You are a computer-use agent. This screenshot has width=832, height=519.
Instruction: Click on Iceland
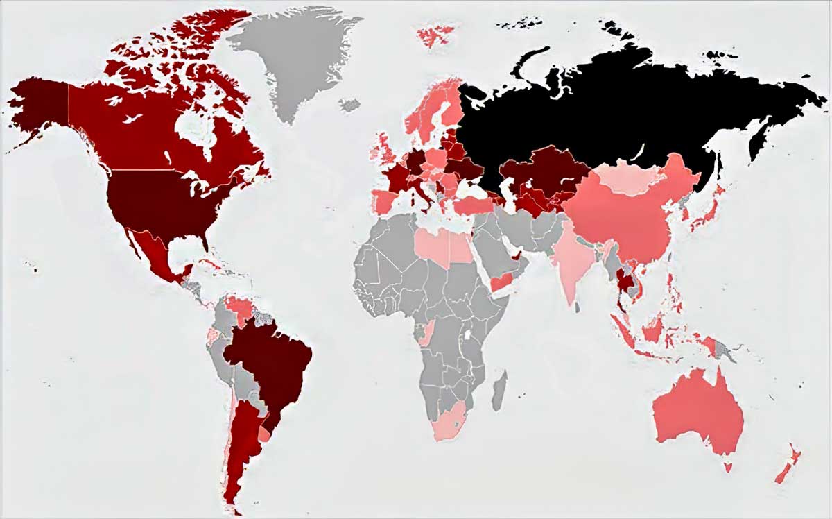click(x=349, y=105)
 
